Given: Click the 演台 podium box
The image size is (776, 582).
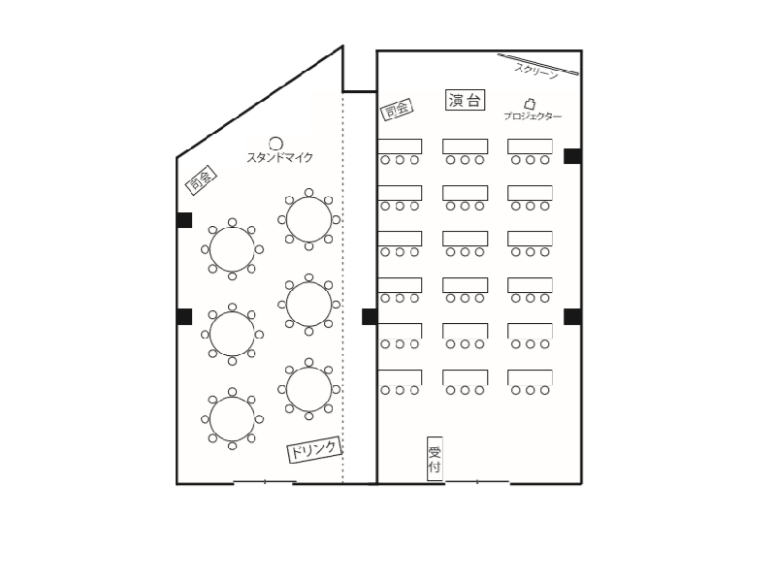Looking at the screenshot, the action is point(465,100).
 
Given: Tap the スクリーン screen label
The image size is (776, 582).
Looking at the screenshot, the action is point(536,71).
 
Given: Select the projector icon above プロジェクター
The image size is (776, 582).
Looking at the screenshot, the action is point(530,104).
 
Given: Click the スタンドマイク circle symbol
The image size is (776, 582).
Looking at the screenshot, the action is point(275,144).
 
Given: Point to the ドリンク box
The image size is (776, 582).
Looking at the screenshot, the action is point(314,449).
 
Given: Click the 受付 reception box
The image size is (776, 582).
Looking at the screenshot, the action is point(435,459).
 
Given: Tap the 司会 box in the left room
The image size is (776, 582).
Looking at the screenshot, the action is point(201,179).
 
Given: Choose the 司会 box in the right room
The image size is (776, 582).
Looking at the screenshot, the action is point(397,109).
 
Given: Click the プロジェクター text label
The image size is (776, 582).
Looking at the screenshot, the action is point(533,116).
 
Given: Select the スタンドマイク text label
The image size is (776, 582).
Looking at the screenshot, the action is point(280,157).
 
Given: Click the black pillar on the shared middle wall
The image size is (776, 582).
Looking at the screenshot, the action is point(370,317).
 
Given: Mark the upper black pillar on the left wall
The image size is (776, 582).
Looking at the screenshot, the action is point(184,220).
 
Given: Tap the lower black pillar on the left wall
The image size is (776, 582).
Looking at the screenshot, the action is point(184,317).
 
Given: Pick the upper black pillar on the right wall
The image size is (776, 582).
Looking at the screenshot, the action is point(572,156).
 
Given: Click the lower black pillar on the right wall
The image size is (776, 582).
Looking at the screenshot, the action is point(572,317).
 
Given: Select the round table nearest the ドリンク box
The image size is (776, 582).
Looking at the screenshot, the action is point(308,390).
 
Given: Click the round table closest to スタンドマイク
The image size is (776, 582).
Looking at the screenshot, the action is point(308,219).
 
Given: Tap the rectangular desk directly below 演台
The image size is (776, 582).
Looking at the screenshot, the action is point(466,146).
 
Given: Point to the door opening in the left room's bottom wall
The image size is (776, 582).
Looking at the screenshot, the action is point(265,481).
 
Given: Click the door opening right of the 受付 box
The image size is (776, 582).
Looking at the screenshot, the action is point(477,481).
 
